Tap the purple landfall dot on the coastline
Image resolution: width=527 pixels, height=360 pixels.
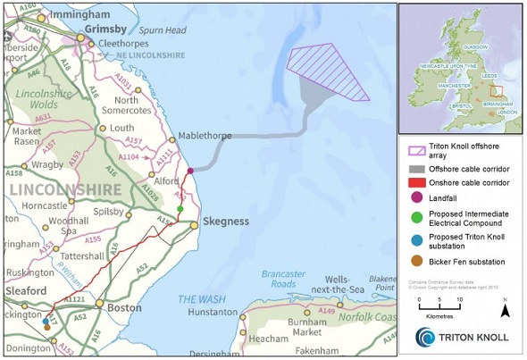click(x=190, y=170)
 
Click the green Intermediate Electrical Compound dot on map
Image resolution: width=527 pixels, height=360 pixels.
click(x=180, y=208)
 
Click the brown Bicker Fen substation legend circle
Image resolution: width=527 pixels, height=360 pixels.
click(x=414, y=262)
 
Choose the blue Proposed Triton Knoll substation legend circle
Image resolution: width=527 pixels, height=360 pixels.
click(x=414, y=240)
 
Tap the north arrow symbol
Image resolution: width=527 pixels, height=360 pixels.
click(x=505, y=309)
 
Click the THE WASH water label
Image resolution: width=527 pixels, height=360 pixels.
click(x=201, y=299)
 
